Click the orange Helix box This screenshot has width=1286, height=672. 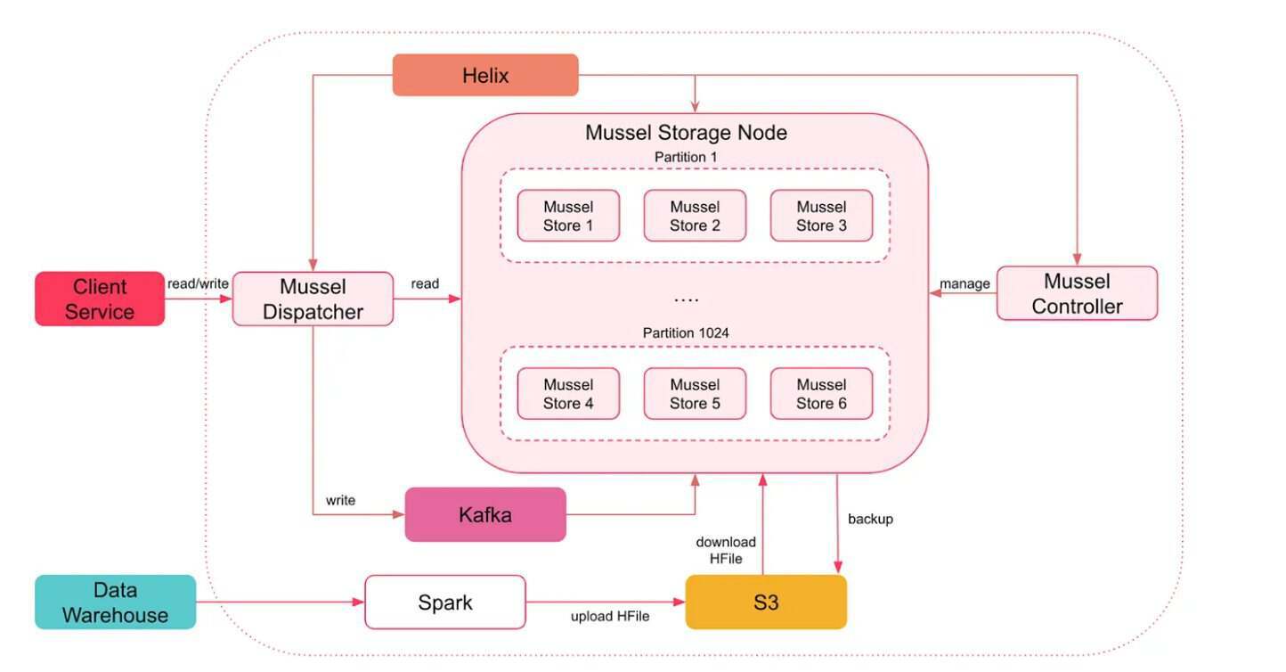(485, 75)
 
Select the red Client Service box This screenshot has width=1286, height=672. (100, 299)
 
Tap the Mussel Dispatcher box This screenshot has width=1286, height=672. (313, 299)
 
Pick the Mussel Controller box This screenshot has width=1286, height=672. (1077, 293)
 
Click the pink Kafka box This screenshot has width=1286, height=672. (485, 514)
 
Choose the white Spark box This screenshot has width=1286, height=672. (445, 602)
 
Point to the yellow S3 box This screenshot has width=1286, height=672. (766, 602)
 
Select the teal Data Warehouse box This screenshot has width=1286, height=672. (116, 602)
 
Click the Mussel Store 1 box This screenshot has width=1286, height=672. (568, 216)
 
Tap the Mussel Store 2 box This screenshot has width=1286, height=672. (695, 216)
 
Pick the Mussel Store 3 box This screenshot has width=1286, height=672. (821, 216)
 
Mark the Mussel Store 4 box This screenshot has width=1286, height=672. (568, 394)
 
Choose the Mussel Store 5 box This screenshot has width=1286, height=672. (695, 394)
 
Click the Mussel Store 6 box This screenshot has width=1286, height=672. (821, 394)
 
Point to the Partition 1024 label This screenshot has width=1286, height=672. (686, 332)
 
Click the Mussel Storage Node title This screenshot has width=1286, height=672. (686, 133)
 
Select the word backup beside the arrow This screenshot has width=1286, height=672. (870, 519)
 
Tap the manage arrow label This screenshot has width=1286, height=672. (965, 283)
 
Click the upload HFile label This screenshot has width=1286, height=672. (610, 616)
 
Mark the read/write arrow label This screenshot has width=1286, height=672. (198, 283)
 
